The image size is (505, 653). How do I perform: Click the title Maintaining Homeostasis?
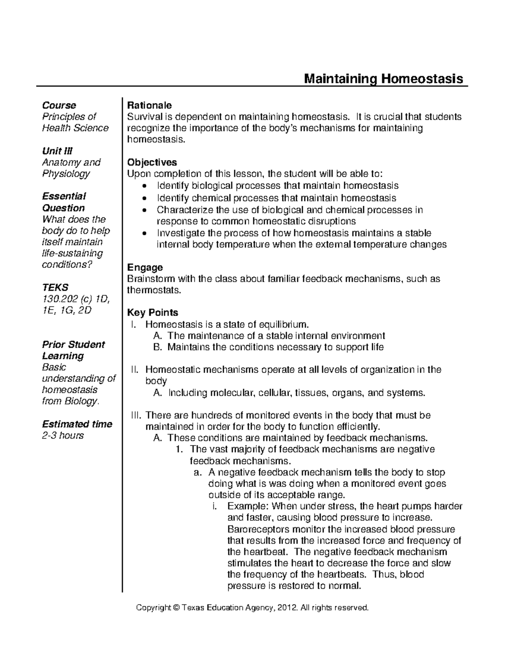coord(383,79)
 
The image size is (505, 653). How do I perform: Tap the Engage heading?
coord(145,267)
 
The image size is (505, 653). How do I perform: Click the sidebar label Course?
coord(59,105)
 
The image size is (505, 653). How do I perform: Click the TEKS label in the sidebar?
coord(55,288)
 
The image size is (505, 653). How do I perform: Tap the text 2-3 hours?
coord(63,436)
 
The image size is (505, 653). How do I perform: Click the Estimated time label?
coord(77,424)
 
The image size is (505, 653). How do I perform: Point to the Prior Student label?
coord(73,345)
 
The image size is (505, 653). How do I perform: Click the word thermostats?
coord(153,290)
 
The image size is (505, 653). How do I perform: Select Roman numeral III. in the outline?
coord(135,415)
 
